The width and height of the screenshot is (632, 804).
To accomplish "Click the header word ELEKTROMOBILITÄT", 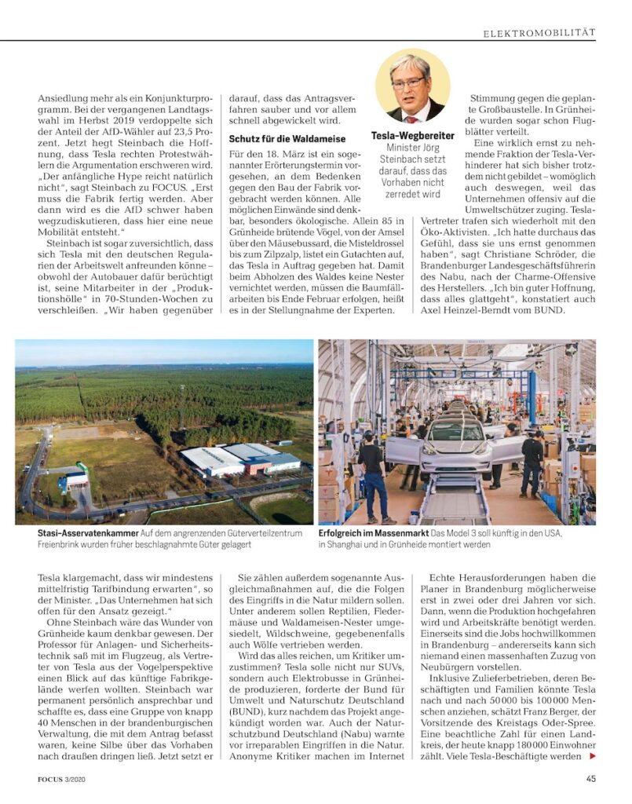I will point(539,32).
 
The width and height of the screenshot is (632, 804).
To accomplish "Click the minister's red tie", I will point(412,115).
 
